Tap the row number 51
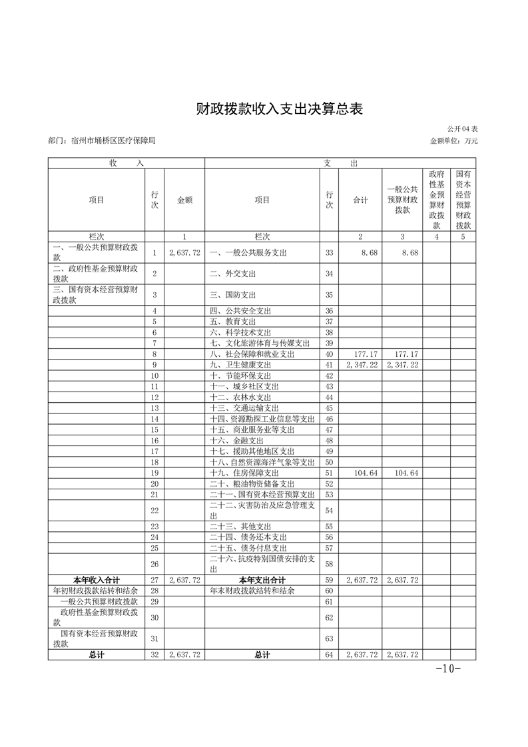(x=329, y=473)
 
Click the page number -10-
(x=447, y=669)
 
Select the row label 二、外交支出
(x=233, y=274)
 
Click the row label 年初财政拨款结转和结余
(x=96, y=591)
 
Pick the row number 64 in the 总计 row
(x=329, y=655)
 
